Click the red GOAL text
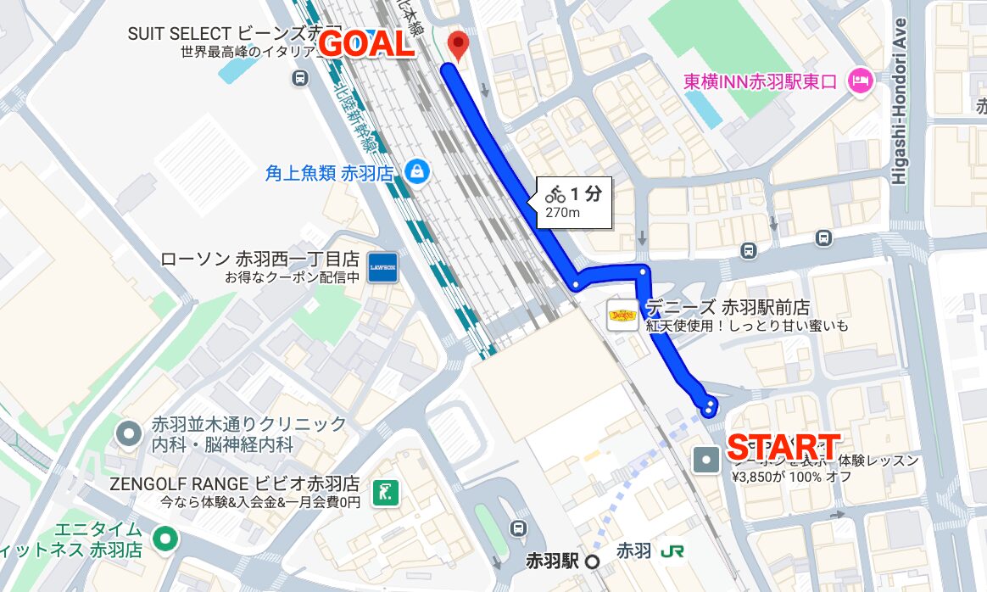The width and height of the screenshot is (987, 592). [366, 45]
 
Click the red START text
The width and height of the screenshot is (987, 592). [783, 447]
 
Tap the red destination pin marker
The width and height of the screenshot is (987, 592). [458, 45]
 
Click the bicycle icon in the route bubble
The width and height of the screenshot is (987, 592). [555, 193]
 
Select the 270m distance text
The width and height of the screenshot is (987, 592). [562, 213]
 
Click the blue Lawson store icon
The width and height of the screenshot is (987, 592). [383, 267]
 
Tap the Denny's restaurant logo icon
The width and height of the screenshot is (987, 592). [623, 315]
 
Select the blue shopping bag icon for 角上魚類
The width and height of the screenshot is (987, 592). [416, 172]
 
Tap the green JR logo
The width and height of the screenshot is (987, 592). [672, 550]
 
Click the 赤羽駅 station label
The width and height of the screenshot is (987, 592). [552, 561]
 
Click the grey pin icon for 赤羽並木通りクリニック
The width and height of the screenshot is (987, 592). [129, 433]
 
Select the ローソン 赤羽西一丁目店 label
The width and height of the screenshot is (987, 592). [259, 260]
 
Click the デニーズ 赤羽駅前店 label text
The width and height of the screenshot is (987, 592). [727, 308]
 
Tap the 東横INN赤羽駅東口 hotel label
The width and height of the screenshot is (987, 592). [761, 81]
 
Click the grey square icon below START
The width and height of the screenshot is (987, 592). [706, 461]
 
